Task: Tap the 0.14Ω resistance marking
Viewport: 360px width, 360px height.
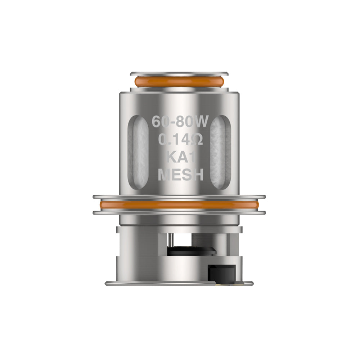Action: tap(180, 140)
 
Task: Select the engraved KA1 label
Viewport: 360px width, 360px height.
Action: tap(180, 157)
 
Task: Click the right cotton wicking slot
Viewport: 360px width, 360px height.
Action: tap(221, 151)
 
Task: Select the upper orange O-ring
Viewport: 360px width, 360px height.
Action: tap(179, 81)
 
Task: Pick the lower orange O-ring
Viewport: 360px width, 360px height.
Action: tap(179, 205)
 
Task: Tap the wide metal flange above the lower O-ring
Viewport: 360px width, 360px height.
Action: tap(179, 197)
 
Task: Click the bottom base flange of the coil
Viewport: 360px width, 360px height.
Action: tap(179, 283)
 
